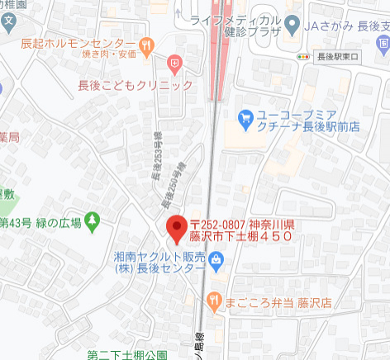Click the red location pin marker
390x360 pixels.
tap(176, 229)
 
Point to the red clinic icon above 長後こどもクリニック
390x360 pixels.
tap(174, 63)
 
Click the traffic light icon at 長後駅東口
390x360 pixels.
tap(304, 57)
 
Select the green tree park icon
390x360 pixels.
tap(92, 221)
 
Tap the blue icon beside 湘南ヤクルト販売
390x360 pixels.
tap(216, 263)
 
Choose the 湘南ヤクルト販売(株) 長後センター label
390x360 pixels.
tap(159, 263)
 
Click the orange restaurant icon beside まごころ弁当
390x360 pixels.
tap(214, 301)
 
